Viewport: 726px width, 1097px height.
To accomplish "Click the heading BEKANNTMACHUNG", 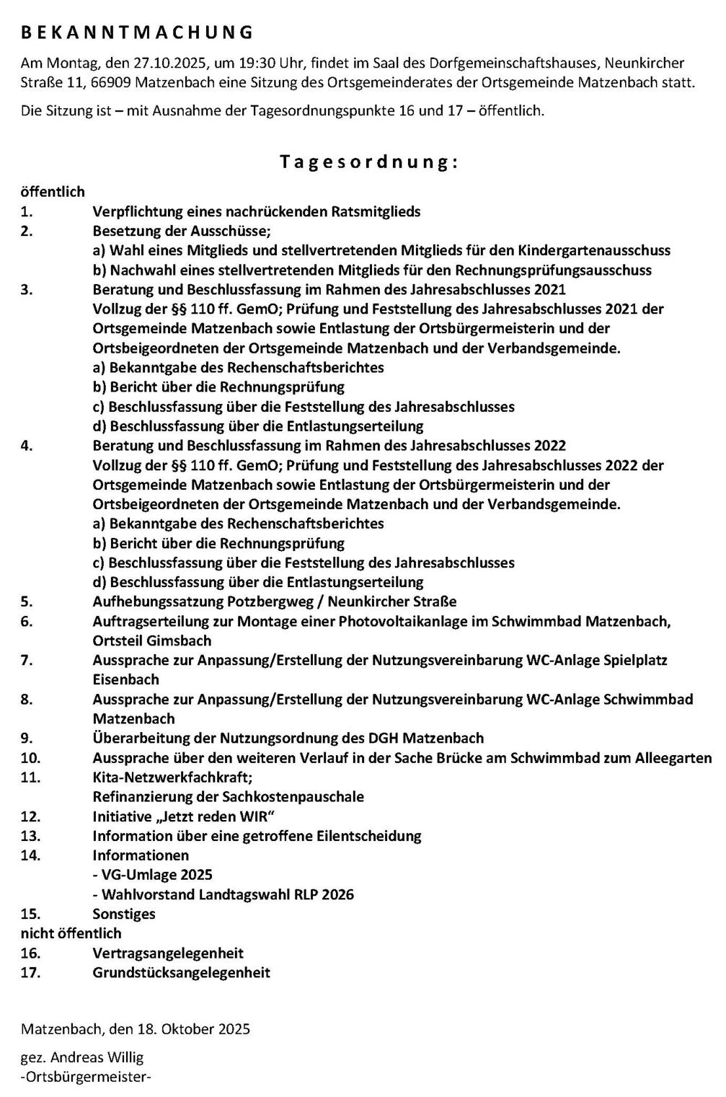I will coord(137,32).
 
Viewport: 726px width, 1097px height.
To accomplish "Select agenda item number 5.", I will coord(27,602).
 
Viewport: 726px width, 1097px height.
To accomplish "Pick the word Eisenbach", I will coord(126,679).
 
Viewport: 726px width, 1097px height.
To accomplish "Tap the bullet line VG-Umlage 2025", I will coord(153,875).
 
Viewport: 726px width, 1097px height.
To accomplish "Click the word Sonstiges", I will coord(124,914).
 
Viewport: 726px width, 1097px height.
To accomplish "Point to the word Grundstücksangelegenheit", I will coord(182,973).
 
